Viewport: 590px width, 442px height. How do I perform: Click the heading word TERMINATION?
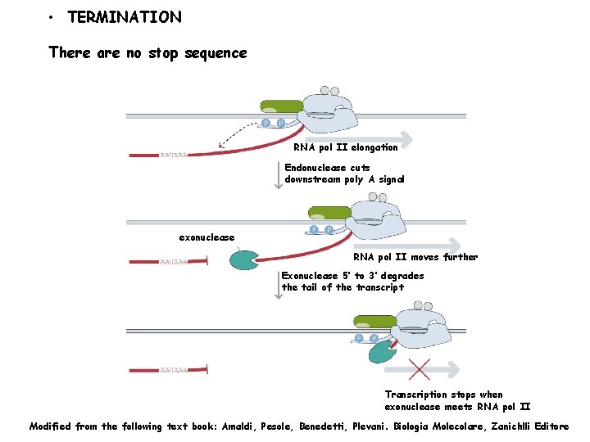pos(125,17)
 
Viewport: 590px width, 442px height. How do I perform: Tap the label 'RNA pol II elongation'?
pos(345,147)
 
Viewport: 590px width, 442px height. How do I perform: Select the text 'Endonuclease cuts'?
pos(327,168)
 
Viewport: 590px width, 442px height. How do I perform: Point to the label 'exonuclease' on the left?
pos(206,237)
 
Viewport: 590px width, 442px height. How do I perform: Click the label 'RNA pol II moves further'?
pos(415,257)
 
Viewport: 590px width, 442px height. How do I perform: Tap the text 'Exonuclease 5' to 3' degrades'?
pos(352,276)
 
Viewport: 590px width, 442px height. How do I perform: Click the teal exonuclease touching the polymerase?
pos(382,351)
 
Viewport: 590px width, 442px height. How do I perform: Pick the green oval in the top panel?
pos(281,106)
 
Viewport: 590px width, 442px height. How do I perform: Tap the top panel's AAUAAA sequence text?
pos(174,155)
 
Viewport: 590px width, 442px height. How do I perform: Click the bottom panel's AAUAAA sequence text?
pos(174,370)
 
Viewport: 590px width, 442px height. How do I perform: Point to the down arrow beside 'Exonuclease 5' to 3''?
pos(279,284)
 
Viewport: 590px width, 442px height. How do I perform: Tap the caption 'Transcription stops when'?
pos(443,395)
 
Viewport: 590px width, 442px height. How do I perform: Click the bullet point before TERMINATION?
pos(51,18)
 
